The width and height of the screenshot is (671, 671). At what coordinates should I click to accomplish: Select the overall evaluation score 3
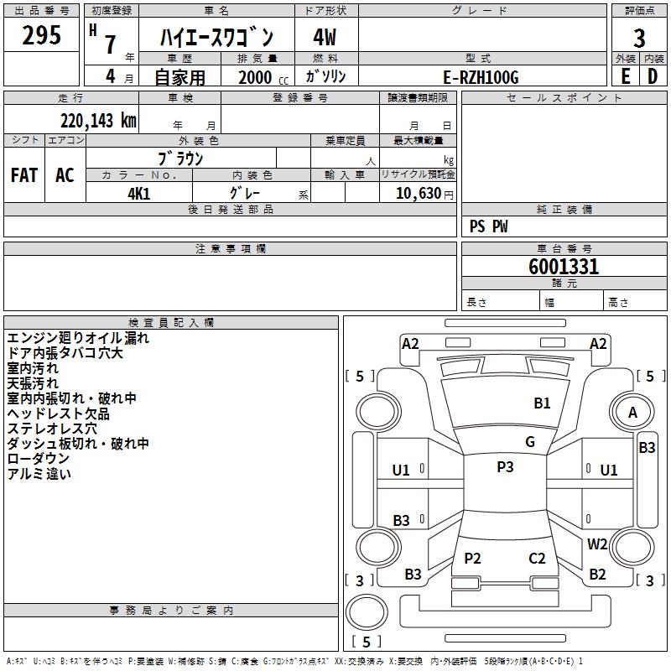639,38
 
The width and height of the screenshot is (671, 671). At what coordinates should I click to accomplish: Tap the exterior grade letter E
626,76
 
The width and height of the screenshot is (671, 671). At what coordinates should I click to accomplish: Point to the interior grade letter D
653,76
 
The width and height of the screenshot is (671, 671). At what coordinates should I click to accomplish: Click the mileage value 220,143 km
98,120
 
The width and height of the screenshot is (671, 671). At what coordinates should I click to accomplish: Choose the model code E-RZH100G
481,77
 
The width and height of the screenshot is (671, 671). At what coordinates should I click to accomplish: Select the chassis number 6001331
564,268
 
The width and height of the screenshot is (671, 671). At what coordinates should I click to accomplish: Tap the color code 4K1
138,193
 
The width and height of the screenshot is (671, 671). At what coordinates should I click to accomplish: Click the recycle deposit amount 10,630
417,193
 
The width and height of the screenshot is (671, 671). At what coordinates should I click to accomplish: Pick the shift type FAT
24,175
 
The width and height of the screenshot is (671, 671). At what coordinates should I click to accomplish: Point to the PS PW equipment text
489,226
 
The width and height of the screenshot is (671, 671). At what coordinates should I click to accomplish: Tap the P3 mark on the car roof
505,467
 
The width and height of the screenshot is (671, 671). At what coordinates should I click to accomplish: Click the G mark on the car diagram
530,442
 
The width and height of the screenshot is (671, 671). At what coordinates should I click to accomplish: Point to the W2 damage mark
597,544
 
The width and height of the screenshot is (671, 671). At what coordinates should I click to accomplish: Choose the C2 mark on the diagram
537,559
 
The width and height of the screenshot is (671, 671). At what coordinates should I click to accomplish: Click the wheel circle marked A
633,412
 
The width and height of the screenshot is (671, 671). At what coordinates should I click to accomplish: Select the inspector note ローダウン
39,459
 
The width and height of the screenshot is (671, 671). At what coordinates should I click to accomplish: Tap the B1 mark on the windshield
543,403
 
